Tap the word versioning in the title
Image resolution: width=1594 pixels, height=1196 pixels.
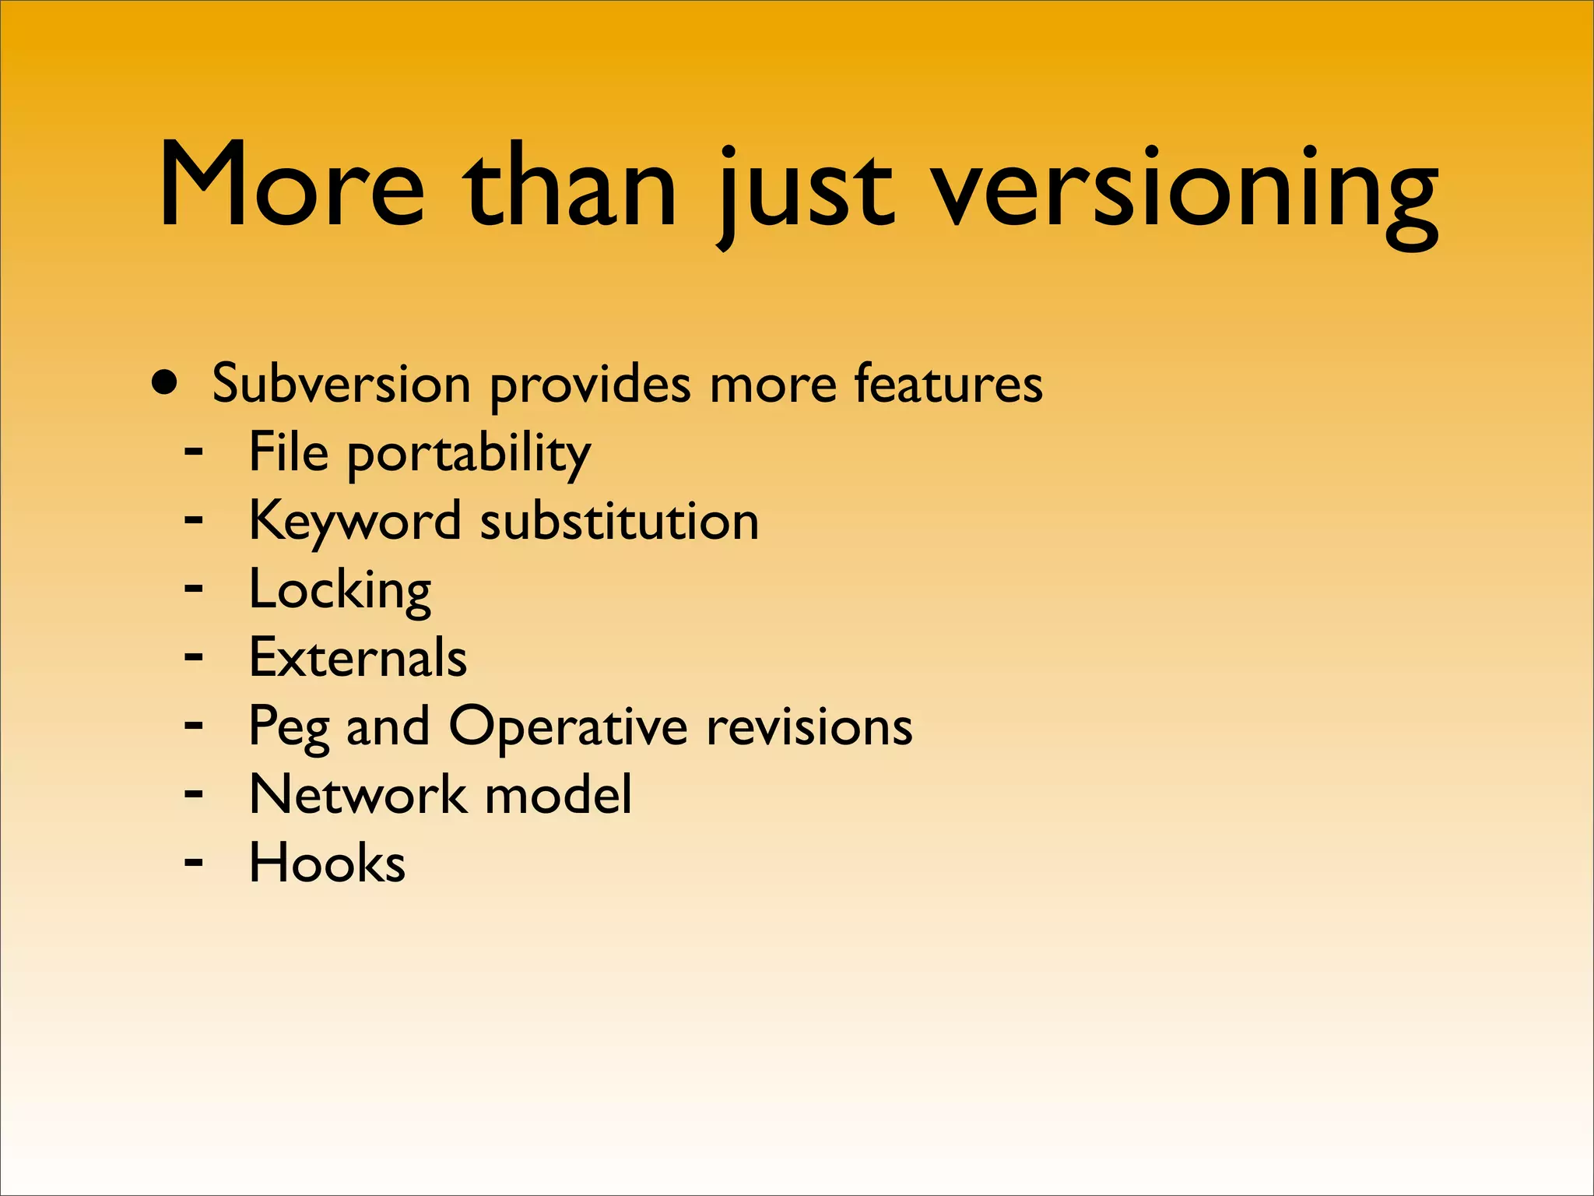pyautogui.click(x=1184, y=191)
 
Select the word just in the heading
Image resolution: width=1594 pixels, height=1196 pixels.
pyautogui.click(x=806, y=191)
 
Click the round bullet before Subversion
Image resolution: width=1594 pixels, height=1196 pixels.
pyautogui.click(x=165, y=383)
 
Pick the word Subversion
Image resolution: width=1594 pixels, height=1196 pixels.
pyautogui.click(x=341, y=384)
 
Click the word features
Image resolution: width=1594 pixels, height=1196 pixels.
pyautogui.click(x=947, y=384)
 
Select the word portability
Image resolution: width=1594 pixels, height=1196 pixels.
pyautogui.click(x=469, y=455)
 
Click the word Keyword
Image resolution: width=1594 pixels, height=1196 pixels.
pyautogui.click(x=355, y=522)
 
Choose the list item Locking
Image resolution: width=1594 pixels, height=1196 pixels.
pyautogui.click(x=339, y=590)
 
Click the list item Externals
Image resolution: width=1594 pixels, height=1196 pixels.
pyautogui.click(x=357, y=658)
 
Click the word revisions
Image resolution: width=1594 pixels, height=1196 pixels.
pyautogui.click(x=809, y=726)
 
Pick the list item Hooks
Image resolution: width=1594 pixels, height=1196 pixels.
pyautogui.click(x=327, y=863)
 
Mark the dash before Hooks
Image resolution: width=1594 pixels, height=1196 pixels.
pyautogui.click(x=194, y=862)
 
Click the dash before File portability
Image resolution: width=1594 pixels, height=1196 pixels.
pyautogui.click(x=194, y=451)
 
